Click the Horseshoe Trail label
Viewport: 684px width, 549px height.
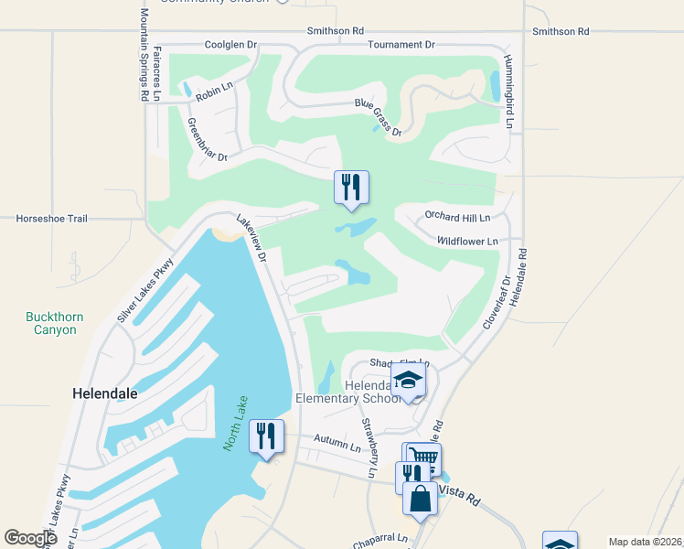[51, 219]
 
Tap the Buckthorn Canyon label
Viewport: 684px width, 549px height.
[54, 323]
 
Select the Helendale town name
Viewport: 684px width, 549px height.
[104, 393]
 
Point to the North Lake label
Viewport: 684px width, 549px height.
[235, 427]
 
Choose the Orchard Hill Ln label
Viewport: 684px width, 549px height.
[457, 217]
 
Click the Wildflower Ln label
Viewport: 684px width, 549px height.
[466, 241]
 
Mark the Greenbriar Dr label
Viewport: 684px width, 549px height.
[206, 138]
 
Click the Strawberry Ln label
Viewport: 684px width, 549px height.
[369, 447]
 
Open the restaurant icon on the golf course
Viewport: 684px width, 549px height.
[351, 187]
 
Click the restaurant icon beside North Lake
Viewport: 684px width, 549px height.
[266, 436]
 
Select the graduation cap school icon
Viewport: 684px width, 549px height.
[408, 380]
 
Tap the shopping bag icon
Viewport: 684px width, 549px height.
[420, 499]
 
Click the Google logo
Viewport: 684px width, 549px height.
[31, 538]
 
